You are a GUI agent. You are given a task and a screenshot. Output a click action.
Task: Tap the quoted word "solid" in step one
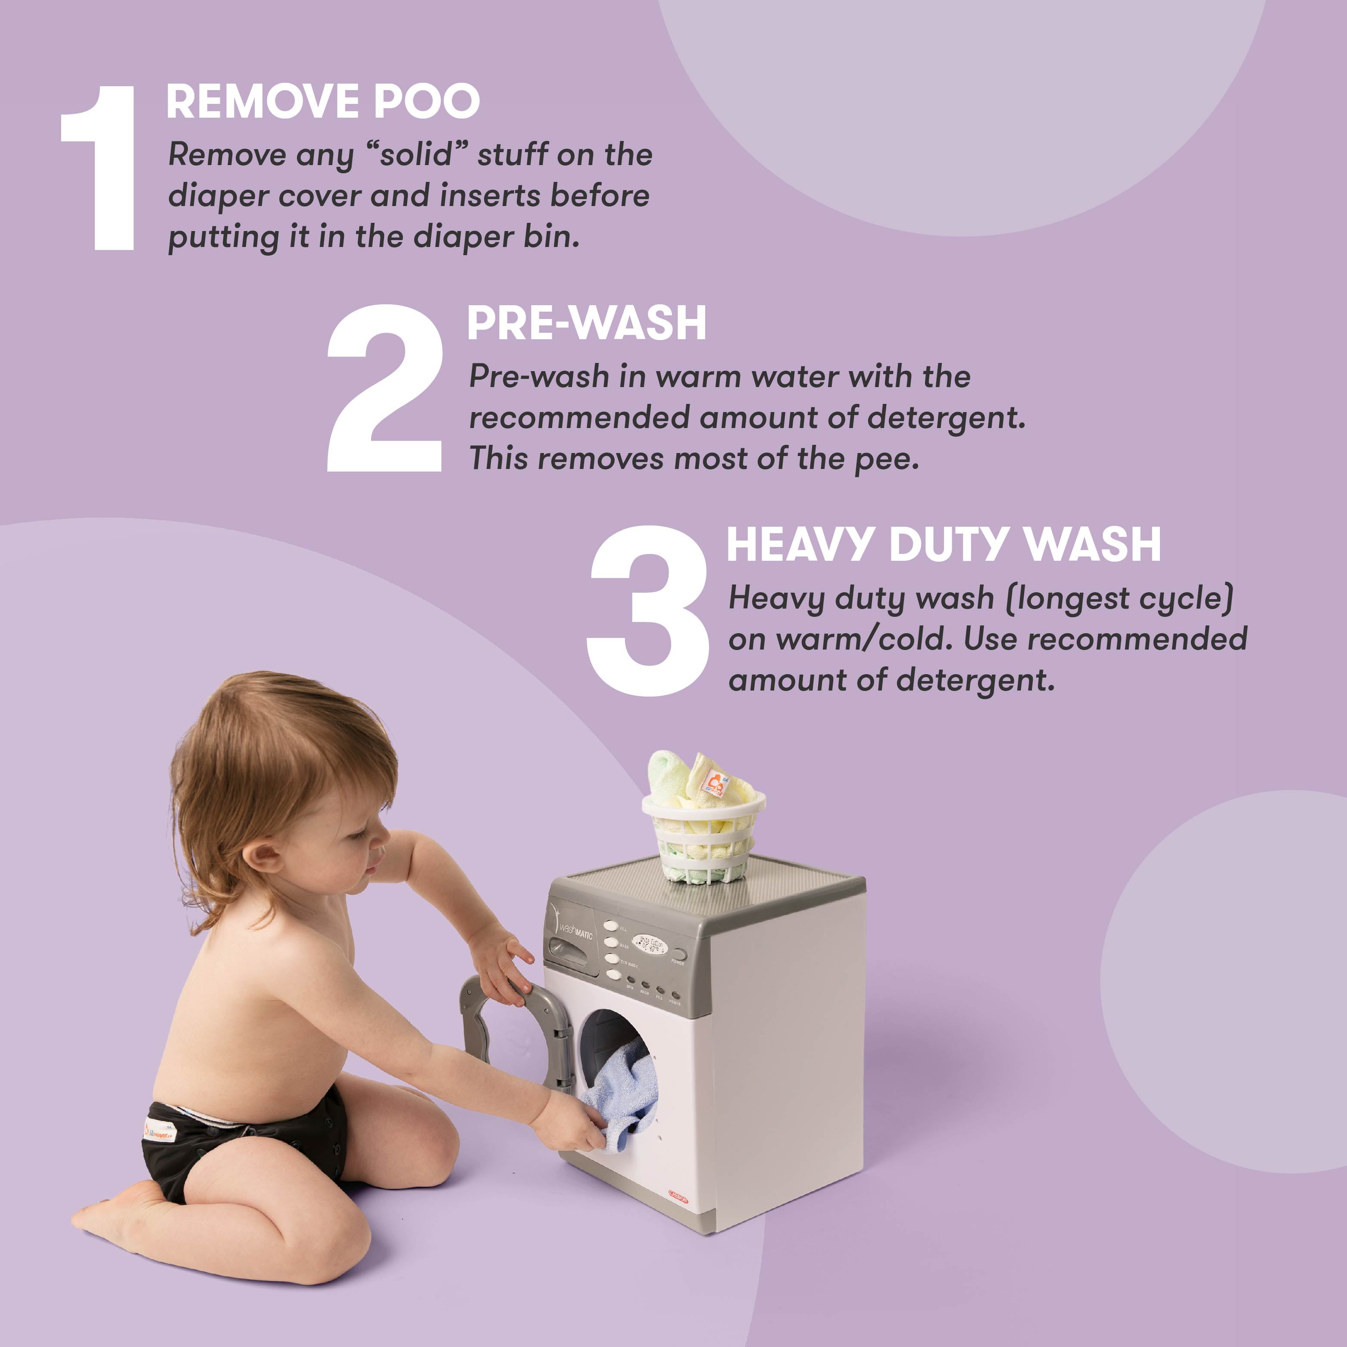[417, 155]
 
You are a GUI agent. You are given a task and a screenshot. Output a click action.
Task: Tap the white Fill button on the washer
[611, 926]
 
